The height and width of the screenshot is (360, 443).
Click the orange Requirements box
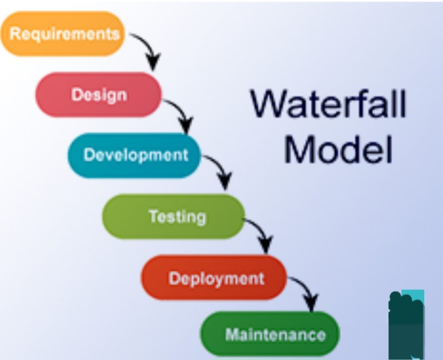(x=62, y=34)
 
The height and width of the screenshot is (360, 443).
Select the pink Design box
(x=99, y=95)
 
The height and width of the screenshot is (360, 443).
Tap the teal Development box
(x=134, y=156)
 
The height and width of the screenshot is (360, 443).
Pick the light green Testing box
(x=173, y=217)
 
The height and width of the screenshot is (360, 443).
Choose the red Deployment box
(x=214, y=277)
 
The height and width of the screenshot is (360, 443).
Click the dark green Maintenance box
(x=270, y=334)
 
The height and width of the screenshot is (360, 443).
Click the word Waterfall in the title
(x=329, y=104)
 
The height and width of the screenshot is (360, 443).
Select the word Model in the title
(x=338, y=149)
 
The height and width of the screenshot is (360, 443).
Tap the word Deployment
(x=216, y=279)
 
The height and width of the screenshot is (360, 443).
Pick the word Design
(x=99, y=96)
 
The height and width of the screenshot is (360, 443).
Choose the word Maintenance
(x=275, y=335)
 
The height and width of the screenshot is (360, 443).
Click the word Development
(x=136, y=155)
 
